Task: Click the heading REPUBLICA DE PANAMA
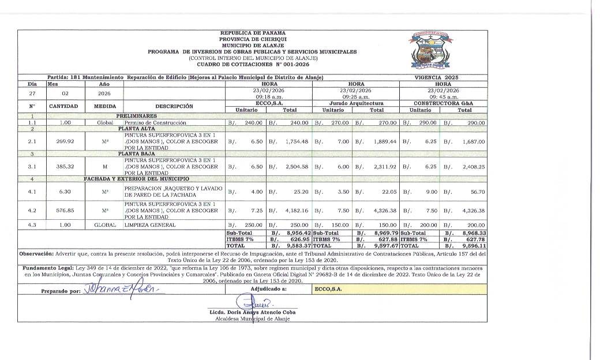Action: [253, 33]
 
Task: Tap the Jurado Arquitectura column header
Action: [356, 103]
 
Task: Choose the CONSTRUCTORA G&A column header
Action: [443, 103]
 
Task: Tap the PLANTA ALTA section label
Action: [133, 129]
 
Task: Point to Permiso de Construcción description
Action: [155, 123]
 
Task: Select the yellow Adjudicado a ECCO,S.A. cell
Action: [398, 289]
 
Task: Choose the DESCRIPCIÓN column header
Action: [174, 106]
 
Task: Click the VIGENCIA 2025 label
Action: [436, 77]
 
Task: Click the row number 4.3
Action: [32, 224]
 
